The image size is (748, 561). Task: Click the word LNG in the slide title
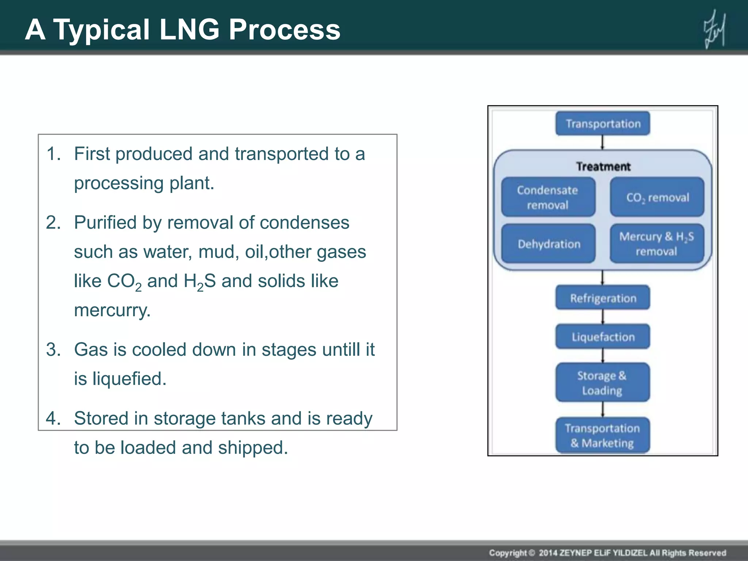point(189,29)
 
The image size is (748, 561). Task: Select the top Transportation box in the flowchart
point(603,124)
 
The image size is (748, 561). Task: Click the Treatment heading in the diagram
point(603,167)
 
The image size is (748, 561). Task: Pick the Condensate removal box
point(548,197)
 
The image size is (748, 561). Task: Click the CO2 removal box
point(657,197)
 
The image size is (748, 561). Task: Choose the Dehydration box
point(549,244)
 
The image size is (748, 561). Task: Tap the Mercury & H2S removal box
point(656,244)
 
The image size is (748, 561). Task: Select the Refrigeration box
point(603,298)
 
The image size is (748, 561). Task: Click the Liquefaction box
point(603,337)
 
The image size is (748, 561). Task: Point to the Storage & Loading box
point(602,383)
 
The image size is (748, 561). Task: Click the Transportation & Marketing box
point(602,435)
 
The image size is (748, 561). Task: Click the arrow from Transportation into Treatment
point(603,142)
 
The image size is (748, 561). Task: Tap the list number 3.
point(53,350)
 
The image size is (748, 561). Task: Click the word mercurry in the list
point(112,310)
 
